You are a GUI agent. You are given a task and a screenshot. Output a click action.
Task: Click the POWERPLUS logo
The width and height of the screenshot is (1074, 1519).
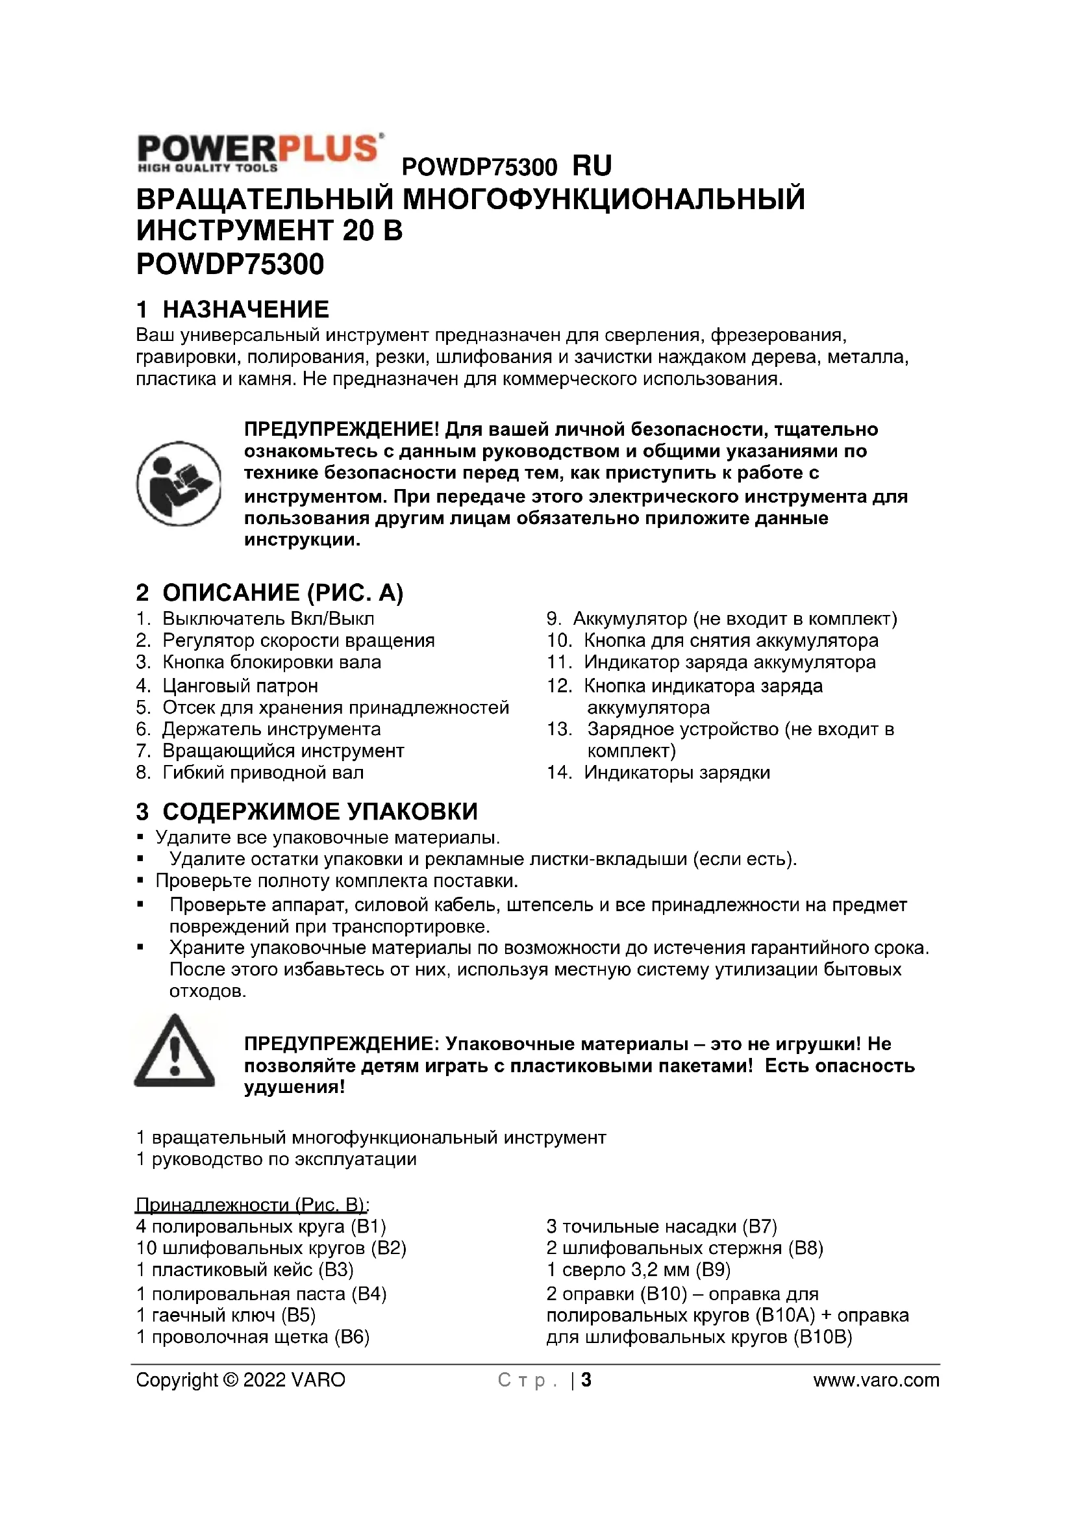tap(260, 153)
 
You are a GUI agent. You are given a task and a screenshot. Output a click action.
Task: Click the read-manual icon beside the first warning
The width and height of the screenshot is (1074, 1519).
tap(179, 484)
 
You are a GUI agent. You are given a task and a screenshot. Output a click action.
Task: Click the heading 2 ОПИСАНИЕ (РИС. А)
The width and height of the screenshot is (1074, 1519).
tap(269, 593)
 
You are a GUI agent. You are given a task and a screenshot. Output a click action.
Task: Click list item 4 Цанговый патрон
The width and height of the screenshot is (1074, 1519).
tap(227, 685)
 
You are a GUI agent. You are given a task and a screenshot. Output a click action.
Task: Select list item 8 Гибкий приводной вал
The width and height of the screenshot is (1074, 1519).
tap(249, 773)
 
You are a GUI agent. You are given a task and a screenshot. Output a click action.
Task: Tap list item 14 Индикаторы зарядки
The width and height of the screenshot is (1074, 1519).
tap(658, 773)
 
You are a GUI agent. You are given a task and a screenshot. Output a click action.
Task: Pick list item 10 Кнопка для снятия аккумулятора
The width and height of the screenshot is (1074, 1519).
tap(712, 641)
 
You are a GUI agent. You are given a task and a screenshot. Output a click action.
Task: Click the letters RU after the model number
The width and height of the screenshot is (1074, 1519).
tap(592, 166)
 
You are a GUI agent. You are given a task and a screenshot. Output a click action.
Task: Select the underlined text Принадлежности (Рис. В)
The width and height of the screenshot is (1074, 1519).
tap(252, 1205)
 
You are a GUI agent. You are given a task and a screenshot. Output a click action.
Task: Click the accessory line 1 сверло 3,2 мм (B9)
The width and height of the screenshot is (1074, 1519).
tap(638, 1270)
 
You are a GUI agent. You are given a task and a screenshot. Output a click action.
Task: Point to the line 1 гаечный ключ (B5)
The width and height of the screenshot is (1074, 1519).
tap(225, 1315)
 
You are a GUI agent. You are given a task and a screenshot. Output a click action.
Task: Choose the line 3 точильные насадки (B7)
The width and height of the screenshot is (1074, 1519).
tap(661, 1226)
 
